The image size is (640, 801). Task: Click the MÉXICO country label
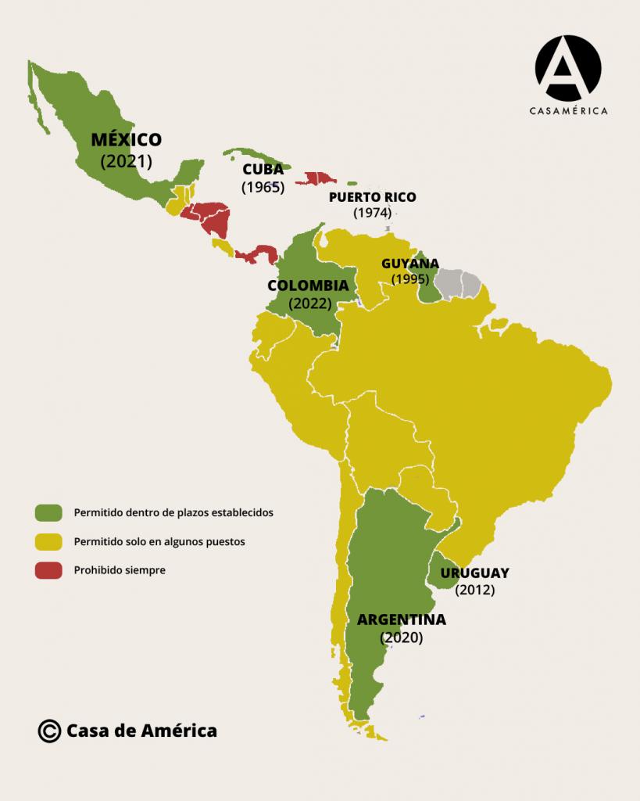[126, 140]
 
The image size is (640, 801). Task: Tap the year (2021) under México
[126, 161]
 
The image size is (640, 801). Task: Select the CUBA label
[263, 170]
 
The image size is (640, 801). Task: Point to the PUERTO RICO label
[372, 197]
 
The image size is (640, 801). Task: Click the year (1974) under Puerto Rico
[372, 213]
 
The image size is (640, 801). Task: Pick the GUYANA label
[409, 264]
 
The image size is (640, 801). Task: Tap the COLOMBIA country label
[308, 286]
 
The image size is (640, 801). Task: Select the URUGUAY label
[474, 573]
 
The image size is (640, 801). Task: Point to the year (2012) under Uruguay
[474, 590]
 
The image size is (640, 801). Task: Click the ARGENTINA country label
[402, 620]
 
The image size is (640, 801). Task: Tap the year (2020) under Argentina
[402, 638]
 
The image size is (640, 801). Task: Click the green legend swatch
[48, 512]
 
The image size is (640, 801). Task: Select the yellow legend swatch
[48, 541]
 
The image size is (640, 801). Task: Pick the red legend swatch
[48, 571]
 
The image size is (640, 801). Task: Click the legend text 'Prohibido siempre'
[120, 571]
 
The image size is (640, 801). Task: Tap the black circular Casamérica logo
[567, 68]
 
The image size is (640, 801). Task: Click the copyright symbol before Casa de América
[48, 731]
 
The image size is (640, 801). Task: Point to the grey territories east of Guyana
[459, 284]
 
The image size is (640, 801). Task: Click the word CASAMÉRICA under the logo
[568, 112]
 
